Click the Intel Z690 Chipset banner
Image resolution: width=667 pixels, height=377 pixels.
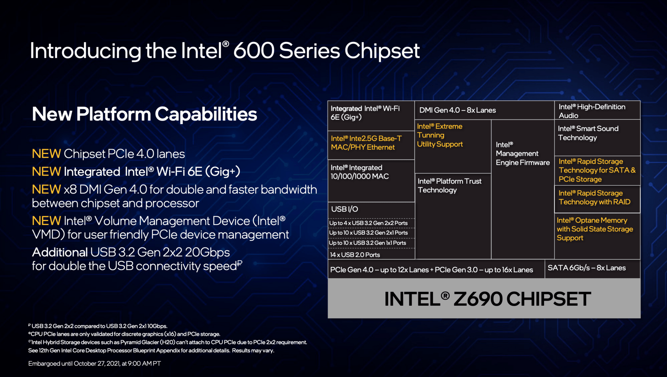point(487,299)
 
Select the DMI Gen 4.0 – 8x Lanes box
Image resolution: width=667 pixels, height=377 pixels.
point(457,110)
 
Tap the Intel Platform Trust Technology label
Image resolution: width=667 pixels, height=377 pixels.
point(449,186)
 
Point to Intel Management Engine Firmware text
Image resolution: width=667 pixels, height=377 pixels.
point(522,154)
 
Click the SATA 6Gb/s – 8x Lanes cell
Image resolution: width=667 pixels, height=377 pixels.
point(586,268)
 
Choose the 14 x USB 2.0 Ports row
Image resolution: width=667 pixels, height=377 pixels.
point(355,255)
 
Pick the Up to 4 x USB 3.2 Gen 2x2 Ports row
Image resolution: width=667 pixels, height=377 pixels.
point(368,223)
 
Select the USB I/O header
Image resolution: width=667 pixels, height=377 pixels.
point(344,209)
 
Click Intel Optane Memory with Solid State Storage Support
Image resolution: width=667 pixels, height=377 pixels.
point(595,229)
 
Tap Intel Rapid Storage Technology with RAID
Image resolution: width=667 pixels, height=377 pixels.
point(594,198)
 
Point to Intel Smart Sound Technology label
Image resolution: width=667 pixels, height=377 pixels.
point(588,133)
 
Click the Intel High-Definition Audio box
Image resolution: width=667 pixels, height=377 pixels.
point(592,111)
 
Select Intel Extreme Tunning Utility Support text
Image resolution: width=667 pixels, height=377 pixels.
point(440,135)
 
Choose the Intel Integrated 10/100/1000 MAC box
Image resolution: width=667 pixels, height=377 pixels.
point(360,172)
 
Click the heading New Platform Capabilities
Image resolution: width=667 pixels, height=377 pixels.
point(144,114)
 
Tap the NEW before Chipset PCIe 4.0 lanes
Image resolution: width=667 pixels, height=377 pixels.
point(46,154)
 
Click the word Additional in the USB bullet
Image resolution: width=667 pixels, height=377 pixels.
point(60,252)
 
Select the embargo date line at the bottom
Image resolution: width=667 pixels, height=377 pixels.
point(94,364)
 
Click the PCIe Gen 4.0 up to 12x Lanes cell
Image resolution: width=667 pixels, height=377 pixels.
point(431,270)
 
